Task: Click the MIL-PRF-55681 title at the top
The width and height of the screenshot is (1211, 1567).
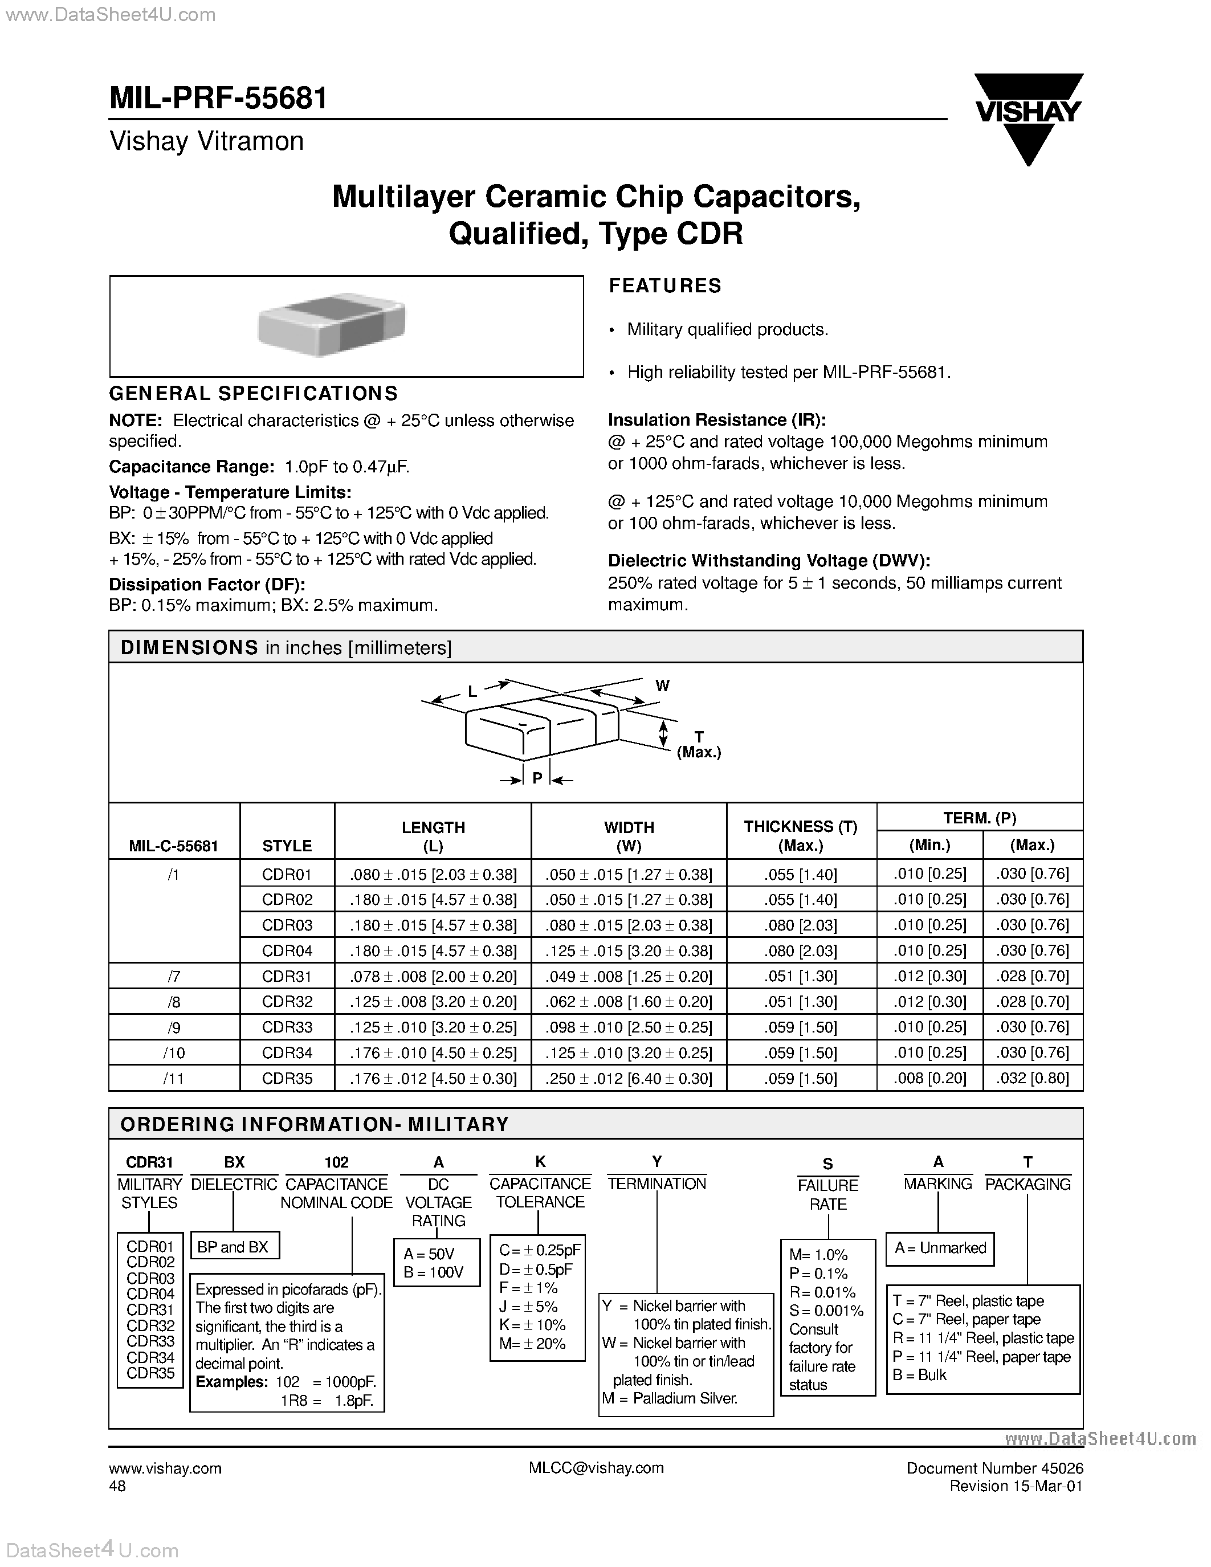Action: coord(218,99)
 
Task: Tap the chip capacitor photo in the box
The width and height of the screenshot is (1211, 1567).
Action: coord(332,324)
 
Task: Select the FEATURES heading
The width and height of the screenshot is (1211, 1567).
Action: coord(664,285)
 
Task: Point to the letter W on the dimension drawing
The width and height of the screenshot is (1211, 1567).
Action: coord(662,686)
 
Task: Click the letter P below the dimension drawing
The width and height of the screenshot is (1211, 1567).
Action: coord(537,778)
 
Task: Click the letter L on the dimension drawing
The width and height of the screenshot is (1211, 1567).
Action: coord(472,692)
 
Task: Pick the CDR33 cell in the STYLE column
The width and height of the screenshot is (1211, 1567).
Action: coord(287,1027)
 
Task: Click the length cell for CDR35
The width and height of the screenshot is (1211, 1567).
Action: coord(433,1079)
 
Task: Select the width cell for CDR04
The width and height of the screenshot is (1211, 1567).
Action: coord(629,950)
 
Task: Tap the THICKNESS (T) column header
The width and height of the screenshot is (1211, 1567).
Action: coord(801,836)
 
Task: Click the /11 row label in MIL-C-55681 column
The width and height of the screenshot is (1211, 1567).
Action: coord(174,1079)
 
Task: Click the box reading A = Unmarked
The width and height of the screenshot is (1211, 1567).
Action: coord(939,1248)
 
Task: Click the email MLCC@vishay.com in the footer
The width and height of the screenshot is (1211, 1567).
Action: coord(596,1468)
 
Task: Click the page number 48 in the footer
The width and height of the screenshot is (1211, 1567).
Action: coord(117,1486)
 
